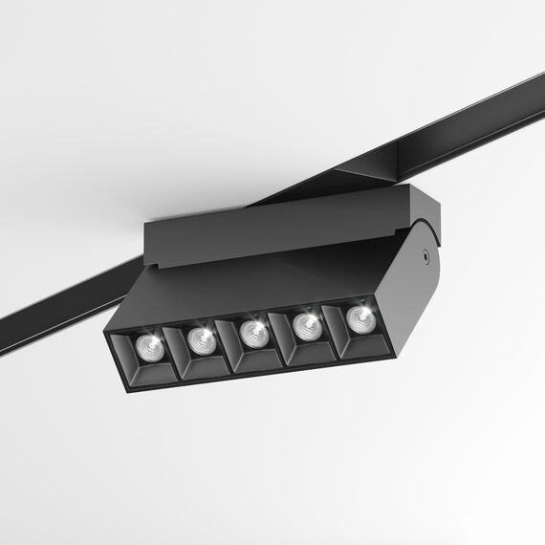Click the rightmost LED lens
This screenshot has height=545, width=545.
point(360,317)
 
